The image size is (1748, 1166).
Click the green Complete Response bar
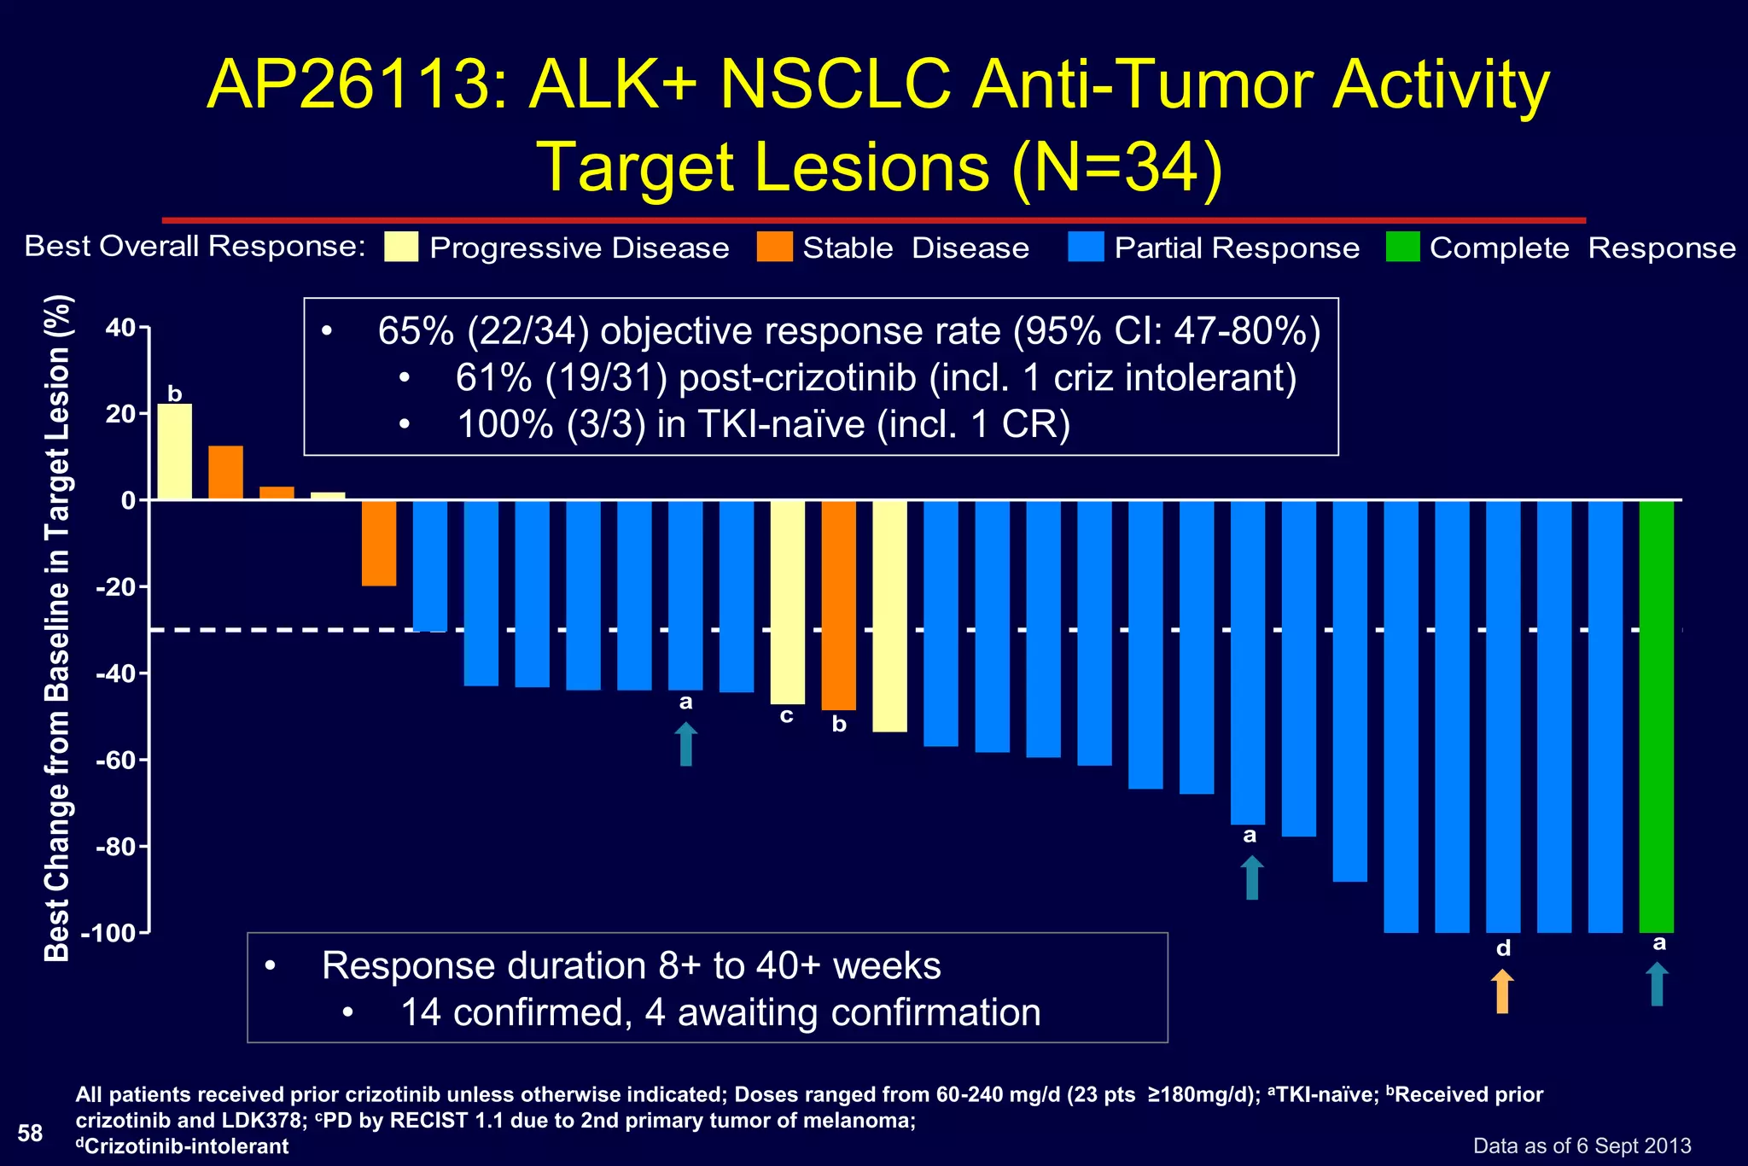tap(1656, 715)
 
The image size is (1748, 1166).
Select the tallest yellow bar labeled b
tap(175, 452)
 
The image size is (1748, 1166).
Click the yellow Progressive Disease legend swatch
tap(401, 247)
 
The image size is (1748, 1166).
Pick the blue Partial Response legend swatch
tap(1086, 247)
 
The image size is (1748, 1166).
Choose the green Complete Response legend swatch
tap(1402, 247)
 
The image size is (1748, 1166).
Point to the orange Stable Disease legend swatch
tap(774, 247)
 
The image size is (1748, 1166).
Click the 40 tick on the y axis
tap(120, 328)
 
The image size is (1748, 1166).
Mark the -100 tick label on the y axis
tap(108, 933)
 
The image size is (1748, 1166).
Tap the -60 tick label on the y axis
tap(115, 760)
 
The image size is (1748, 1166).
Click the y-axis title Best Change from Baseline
tap(57, 627)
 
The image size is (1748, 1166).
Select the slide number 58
tap(30, 1133)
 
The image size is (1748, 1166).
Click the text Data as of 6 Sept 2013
tap(1582, 1146)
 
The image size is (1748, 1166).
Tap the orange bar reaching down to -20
tap(379, 543)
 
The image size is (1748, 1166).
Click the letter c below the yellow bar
tap(787, 715)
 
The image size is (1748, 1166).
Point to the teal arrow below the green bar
tap(1657, 984)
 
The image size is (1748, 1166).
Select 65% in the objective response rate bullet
tap(416, 331)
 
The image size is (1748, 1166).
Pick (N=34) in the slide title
tap(1117, 166)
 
